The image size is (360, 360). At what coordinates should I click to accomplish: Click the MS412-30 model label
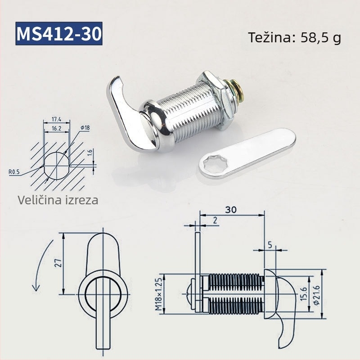(59, 33)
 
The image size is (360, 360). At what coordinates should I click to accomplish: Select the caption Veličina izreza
(58, 200)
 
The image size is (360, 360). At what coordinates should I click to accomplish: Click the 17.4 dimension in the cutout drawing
(57, 119)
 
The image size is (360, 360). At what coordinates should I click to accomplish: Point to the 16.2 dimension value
(57, 128)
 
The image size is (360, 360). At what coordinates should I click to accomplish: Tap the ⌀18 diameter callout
(85, 128)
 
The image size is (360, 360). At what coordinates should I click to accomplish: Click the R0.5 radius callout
(14, 172)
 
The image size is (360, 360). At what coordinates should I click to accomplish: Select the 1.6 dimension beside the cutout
(90, 153)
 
